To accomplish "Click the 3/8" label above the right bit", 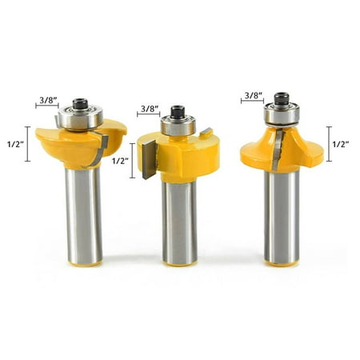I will pos(253,94).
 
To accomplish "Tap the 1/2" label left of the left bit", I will pos(14,145).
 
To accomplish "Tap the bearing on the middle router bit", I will pos(177,126).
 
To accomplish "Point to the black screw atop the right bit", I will pos(281,99).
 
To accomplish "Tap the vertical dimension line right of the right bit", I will pos(328,144).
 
